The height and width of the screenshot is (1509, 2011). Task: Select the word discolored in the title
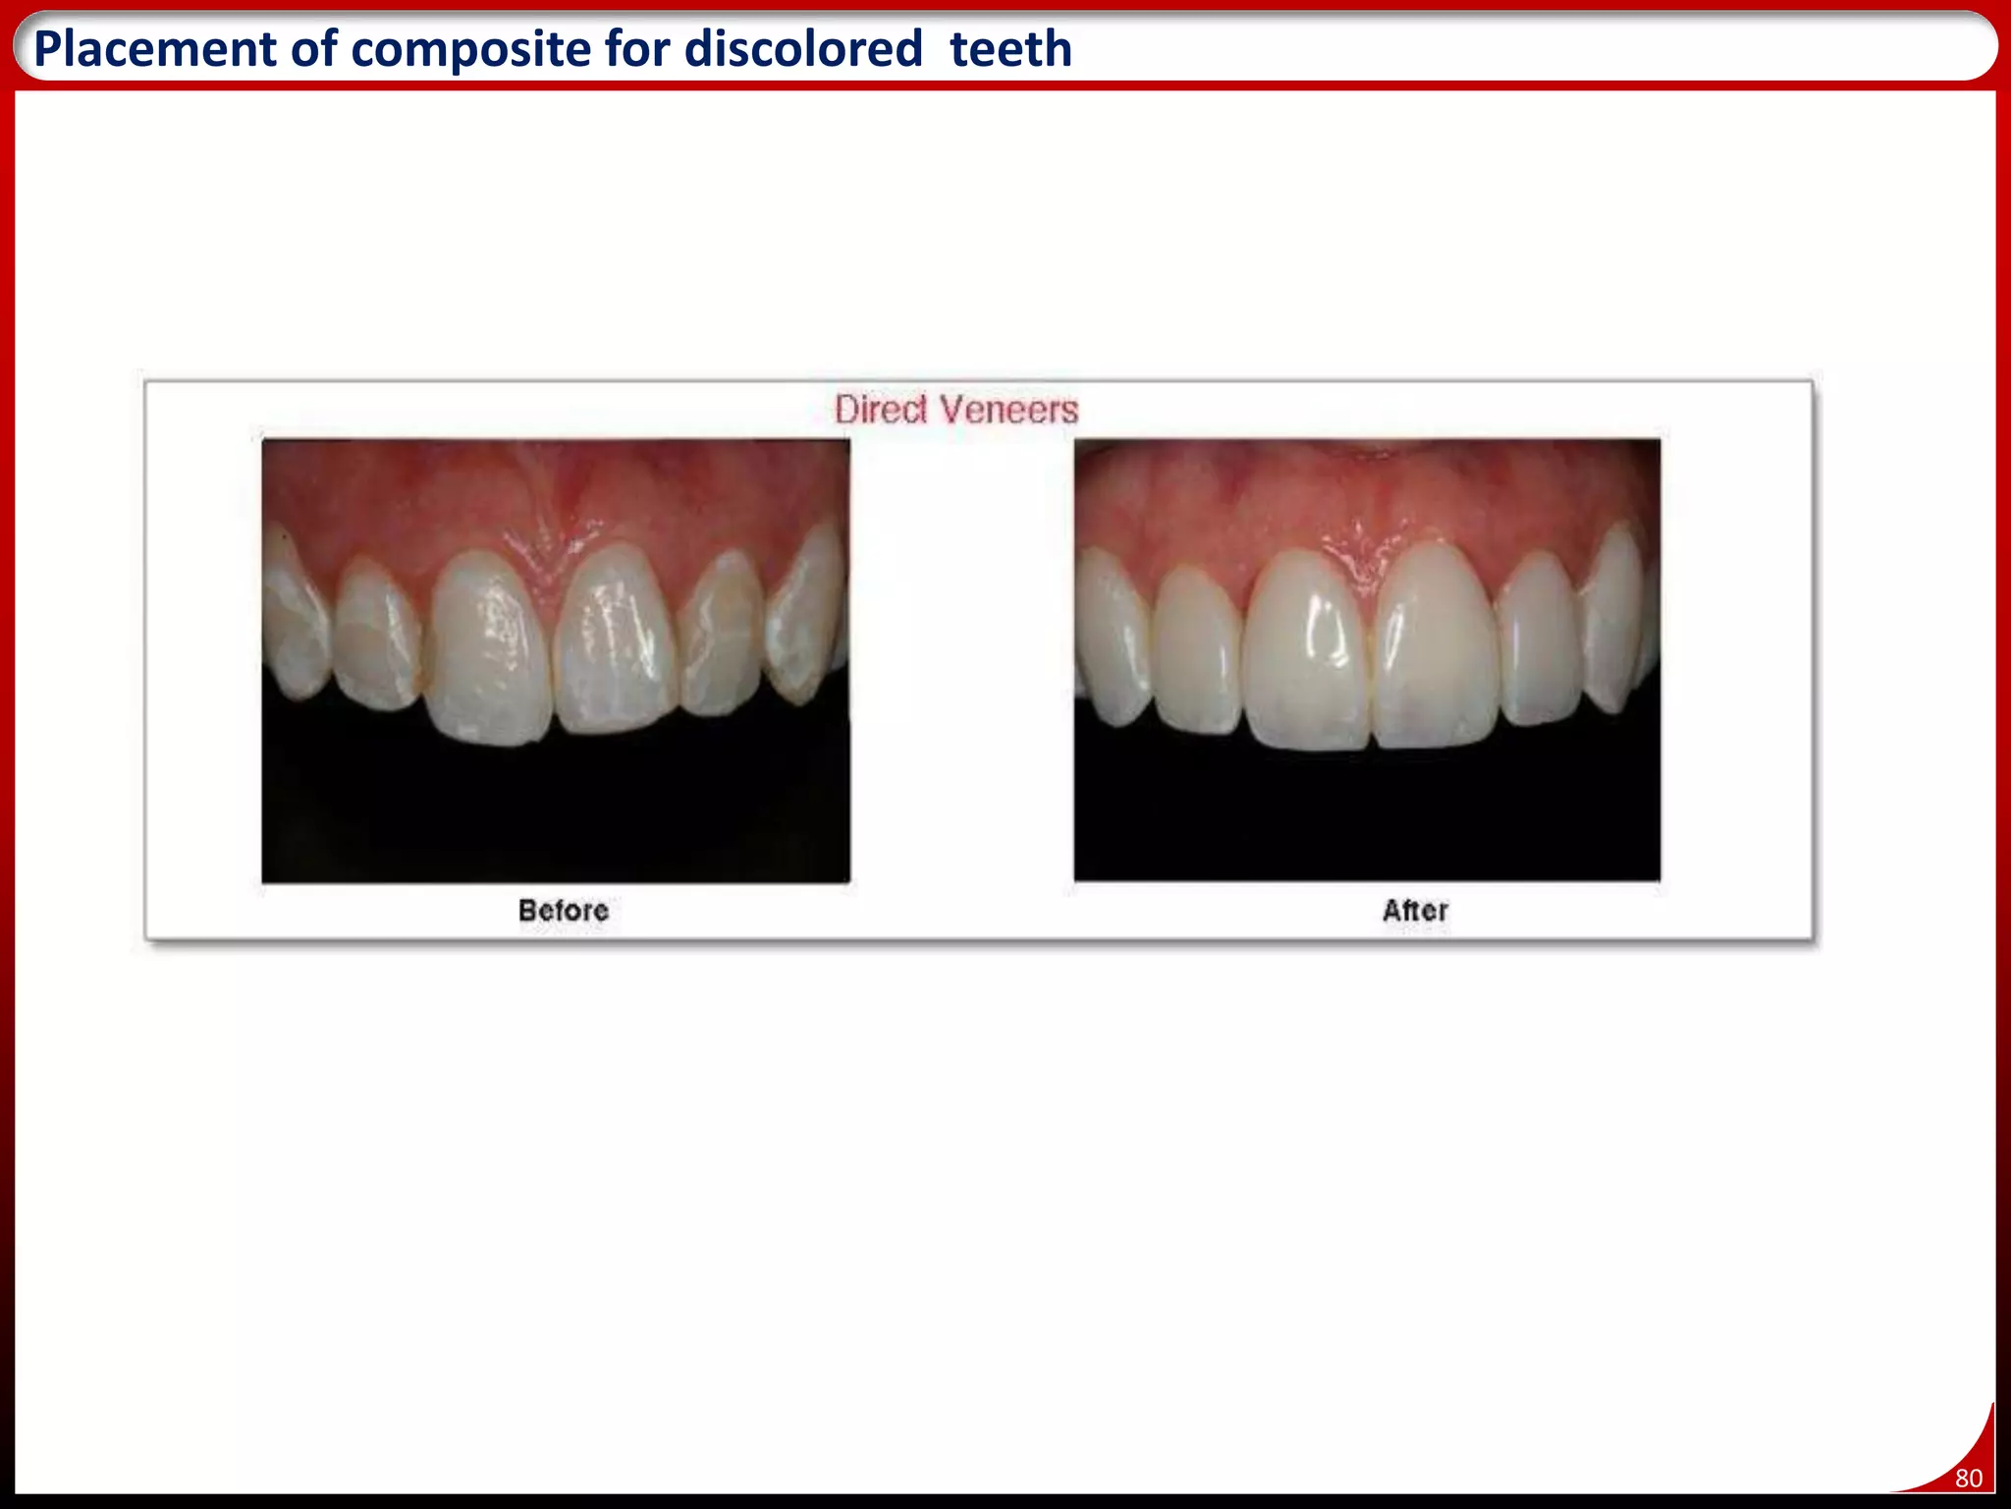click(x=803, y=49)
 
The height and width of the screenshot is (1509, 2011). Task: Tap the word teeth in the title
click(x=1010, y=49)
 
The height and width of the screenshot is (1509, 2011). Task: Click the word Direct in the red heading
click(x=881, y=410)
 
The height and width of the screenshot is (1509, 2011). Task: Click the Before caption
click(x=564, y=911)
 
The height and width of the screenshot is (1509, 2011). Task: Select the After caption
click(x=1415, y=911)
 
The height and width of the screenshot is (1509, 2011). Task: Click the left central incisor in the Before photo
click(x=489, y=648)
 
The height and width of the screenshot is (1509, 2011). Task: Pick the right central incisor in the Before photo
click(x=616, y=643)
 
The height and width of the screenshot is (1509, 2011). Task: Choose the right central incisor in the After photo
click(x=1436, y=648)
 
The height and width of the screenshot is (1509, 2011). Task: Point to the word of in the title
click(x=311, y=49)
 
